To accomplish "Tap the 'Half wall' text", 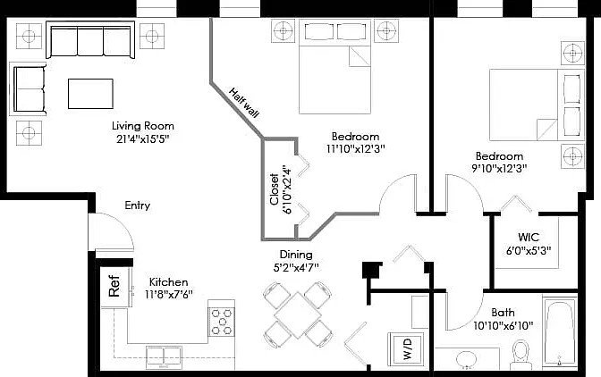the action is click(244, 103).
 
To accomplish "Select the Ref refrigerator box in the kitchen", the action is click(114, 286).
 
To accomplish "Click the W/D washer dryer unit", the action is click(407, 348).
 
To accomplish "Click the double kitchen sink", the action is click(164, 357).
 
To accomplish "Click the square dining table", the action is click(298, 315).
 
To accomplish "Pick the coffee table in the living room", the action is click(90, 94).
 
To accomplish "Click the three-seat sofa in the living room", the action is click(90, 40).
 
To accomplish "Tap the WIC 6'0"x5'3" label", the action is click(529, 243).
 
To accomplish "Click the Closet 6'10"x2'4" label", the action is click(281, 189).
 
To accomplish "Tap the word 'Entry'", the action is click(137, 205).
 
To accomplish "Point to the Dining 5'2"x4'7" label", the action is click(296, 261).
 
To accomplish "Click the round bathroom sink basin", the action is click(466, 359).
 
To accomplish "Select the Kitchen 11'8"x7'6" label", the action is click(169, 289).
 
